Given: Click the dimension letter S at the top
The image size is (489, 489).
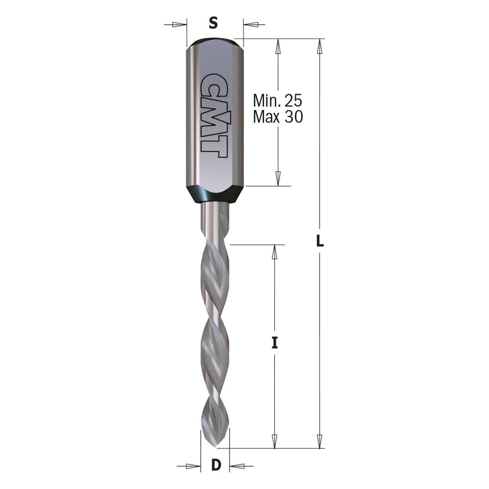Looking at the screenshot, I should tap(214, 23).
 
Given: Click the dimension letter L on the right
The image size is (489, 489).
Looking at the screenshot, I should tap(320, 241).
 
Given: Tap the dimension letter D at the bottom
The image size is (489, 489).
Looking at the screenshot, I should tap(216, 465).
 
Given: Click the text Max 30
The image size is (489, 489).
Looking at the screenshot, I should tap(278, 117).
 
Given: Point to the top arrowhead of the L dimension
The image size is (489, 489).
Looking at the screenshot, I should tap(320, 47).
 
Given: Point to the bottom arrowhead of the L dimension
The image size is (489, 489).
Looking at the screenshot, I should tap(320, 441).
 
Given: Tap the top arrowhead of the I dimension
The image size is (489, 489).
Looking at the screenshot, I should tap(274, 252).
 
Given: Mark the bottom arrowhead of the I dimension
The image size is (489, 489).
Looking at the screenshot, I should tap(274, 441).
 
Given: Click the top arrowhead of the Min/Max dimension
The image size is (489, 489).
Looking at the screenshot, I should tap(278, 47).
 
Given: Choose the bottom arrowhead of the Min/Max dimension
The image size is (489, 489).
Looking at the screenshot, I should tap(278, 178).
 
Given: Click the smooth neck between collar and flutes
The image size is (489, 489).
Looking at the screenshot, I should tap(214, 219).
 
